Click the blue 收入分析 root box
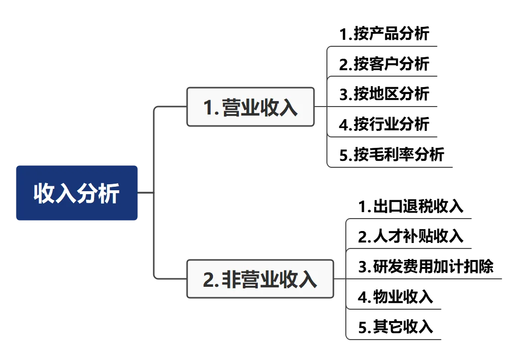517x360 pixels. pyautogui.click(x=77, y=193)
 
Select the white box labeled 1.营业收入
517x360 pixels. pyautogui.click(x=251, y=107)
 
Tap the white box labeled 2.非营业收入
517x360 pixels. pyautogui.click(x=260, y=279)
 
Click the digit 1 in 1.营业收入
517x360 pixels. pyautogui.click(x=209, y=108)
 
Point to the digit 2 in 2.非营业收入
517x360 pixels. pyautogui.click(x=209, y=279)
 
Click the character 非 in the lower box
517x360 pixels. pyautogui.click(x=231, y=279)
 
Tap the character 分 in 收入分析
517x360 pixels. pyautogui.click(x=88, y=193)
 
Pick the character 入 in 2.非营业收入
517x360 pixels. pyautogui.click(x=307, y=279)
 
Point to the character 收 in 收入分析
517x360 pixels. pyautogui.click(x=44, y=193)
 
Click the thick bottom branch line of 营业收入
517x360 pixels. pyautogui.click(x=391, y=167)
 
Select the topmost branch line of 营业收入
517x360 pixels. pyautogui.click(x=383, y=46)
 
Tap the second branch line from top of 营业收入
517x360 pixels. pyautogui.click(x=383, y=78)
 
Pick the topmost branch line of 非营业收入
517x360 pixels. pyautogui.click(x=411, y=217)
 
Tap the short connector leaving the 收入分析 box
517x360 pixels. pyautogui.click(x=145, y=193)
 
